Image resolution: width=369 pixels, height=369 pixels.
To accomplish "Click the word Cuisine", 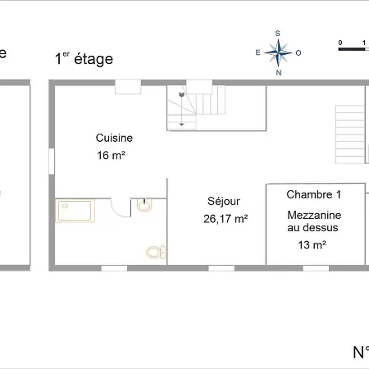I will coord(114,138).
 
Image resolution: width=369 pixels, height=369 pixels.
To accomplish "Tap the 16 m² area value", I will coord(111,154).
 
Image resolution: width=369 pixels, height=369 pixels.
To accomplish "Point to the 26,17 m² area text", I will coord(225,218).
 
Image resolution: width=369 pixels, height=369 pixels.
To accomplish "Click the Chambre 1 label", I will coord(313,194).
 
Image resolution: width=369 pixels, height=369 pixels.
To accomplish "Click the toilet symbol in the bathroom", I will coord(153,252).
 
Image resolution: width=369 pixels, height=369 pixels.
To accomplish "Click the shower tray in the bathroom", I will coord(75,212).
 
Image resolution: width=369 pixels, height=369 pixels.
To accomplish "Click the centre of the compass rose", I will coord(279,52).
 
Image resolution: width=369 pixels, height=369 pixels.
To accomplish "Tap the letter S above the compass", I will coord(278,34).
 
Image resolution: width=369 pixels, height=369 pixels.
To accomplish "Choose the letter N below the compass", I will coord(279,72).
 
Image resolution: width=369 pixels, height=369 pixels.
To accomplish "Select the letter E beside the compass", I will coord(258,52).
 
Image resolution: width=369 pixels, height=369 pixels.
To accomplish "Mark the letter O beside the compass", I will coord(298,52).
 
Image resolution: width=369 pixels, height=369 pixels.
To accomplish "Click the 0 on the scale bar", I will coord(339,41).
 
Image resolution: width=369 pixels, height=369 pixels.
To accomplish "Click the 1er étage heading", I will coord(84,58).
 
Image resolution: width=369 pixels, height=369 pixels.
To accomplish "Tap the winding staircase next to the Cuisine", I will coord(197,107).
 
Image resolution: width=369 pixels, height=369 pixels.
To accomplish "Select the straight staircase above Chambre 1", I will coord(350,134).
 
